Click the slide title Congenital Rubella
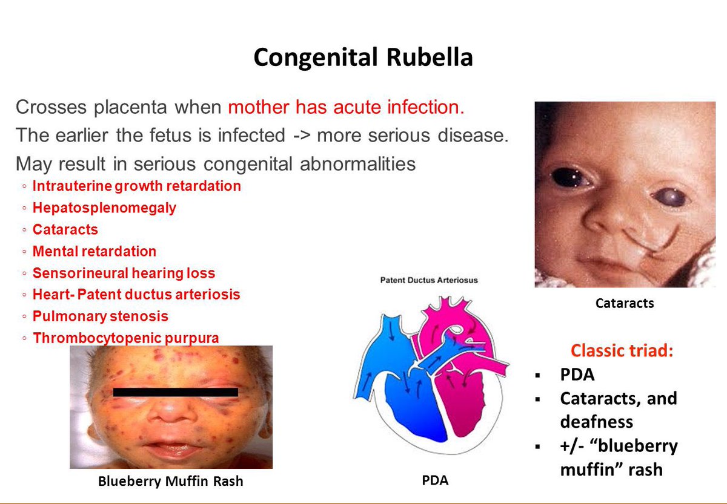363,57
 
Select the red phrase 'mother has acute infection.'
346,108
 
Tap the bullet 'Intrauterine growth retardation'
136,186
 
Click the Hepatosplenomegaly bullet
104,208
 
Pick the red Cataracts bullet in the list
65,230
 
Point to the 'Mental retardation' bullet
94,251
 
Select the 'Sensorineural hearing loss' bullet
124,273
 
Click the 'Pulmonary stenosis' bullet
101,316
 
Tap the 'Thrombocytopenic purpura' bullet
125,338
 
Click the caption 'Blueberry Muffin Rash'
170,482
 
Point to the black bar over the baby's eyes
175,392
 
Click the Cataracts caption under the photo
625,303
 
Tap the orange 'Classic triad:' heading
622,352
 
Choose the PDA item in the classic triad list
577,375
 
